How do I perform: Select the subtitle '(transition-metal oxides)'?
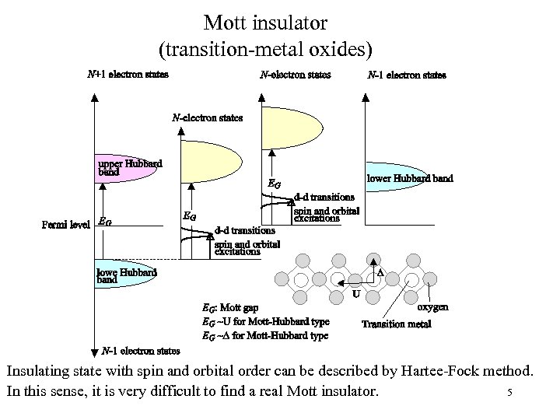click(x=266, y=49)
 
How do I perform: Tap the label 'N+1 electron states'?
click(x=128, y=75)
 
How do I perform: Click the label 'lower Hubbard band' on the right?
click(x=410, y=178)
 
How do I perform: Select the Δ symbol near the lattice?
click(x=381, y=272)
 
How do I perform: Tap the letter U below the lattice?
click(x=355, y=295)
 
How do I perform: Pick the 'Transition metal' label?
click(x=396, y=324)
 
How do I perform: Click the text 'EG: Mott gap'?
click(x=230, y=308)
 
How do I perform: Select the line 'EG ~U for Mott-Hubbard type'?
click(x=265, y=321)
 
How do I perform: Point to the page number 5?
click(x=509, y=393)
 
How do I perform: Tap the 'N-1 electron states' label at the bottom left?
click(x=141, y=351)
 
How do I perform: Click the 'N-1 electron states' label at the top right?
click(x=407, y=75)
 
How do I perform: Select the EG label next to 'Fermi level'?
click(x=105, y=222)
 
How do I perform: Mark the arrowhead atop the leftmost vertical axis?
click(x=94, y=98)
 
